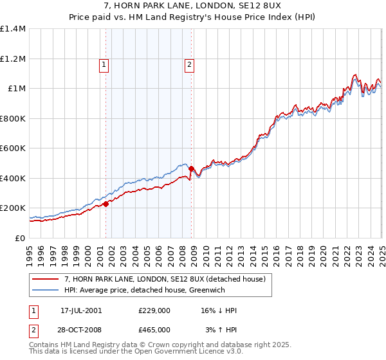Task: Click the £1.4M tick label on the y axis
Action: click(x=13, y=29)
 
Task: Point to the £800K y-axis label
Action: click(x=13, y=118)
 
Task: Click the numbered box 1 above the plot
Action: click(x=104, y=64)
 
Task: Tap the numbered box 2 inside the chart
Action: click(x=190, y=64)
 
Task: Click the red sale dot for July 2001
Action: click(x=106, y=204)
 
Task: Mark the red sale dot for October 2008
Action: click(x=192, y=168)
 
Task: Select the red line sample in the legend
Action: click(x=45, y=279)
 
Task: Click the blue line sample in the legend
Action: click(x=45, y=290)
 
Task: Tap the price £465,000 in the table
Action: click(x=154, y=329)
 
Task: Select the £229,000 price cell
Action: click(x=154, y=310)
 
